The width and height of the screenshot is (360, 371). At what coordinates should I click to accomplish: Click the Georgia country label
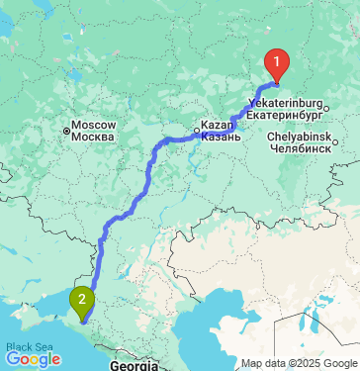coord(132,365)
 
